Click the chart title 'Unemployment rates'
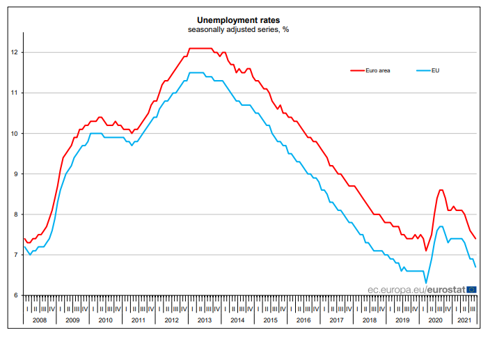coord(248,21)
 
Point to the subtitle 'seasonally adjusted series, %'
coord(248,31)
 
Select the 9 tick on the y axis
coord(15,173)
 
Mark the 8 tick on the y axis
coord(15,214)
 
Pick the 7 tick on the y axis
coord(15,255)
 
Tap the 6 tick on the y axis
coord(15,295)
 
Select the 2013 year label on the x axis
coord(204,320)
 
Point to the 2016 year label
coord(303,320)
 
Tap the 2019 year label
coord(402,320)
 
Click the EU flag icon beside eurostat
coord(471,288)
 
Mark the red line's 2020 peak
coord(441,189)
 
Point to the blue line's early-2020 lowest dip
coord(425,283)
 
